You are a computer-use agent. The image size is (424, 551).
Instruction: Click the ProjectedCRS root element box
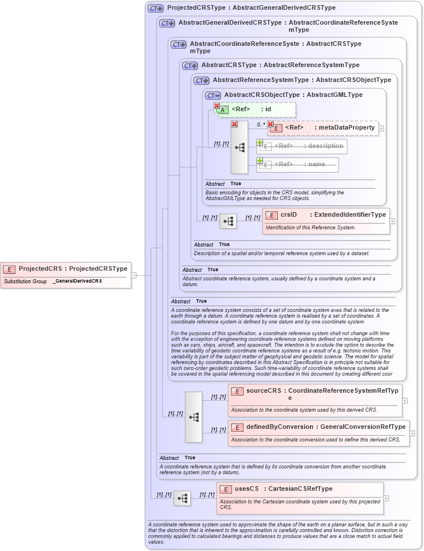click(x=65, y=268)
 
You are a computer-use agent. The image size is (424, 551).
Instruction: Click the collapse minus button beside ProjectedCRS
click(x=134, y=275)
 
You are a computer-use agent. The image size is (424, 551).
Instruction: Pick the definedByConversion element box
click(x=318, y=427)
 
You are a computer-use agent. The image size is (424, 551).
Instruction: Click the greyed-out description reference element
click(x=302, y=146)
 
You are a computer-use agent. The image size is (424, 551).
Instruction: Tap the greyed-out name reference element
click(x=298, y=165)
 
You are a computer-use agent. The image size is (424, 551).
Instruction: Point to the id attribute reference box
click(x=256, y=109)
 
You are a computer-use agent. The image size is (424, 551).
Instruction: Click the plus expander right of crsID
click(x=392, y=221)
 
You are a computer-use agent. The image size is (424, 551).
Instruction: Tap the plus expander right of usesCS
click(x=386, y=498)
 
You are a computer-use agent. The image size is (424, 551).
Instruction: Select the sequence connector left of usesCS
click(x=182, y=498)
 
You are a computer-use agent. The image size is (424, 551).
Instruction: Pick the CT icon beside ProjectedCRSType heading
click(x=155, y=8)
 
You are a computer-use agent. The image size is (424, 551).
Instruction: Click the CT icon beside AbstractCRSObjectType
click(x=213, y=95)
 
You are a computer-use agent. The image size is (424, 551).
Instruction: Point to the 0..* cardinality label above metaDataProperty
click(x=261, y=124)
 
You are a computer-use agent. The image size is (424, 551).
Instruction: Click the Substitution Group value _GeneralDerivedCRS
click(x=77, y=282)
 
